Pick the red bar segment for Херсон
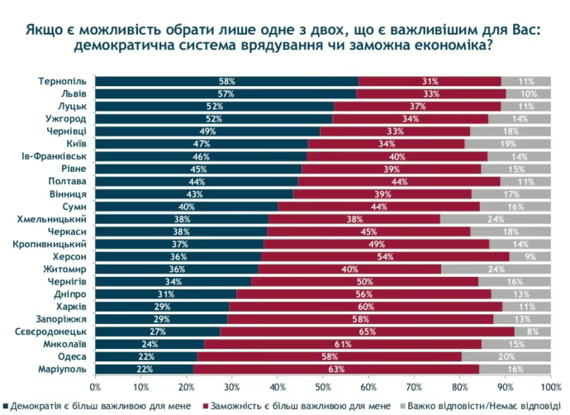(384, 256)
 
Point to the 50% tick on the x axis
(323, 386)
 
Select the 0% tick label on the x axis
(95, 386)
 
